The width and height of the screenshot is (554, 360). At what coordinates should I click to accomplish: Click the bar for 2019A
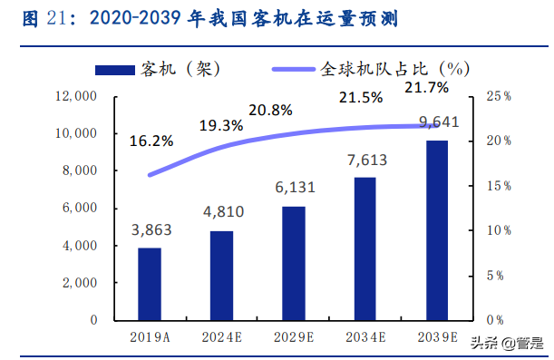(150, 284)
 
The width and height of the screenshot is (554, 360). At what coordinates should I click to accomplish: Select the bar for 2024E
(221, 275)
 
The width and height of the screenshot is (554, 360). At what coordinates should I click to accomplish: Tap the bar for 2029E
(293, 263)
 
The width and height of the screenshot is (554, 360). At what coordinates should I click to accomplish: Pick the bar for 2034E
(364, 248)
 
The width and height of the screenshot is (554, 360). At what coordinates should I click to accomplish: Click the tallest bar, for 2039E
(436, 230)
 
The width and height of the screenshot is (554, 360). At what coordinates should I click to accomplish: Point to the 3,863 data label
(150, 232)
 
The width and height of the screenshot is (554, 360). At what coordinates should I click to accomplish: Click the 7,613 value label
(364, 161)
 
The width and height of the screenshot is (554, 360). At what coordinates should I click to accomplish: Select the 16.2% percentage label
(151, 141)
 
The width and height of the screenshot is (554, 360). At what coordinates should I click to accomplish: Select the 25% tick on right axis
(498, 96)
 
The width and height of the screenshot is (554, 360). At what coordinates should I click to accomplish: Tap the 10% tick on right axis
(498, 231)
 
